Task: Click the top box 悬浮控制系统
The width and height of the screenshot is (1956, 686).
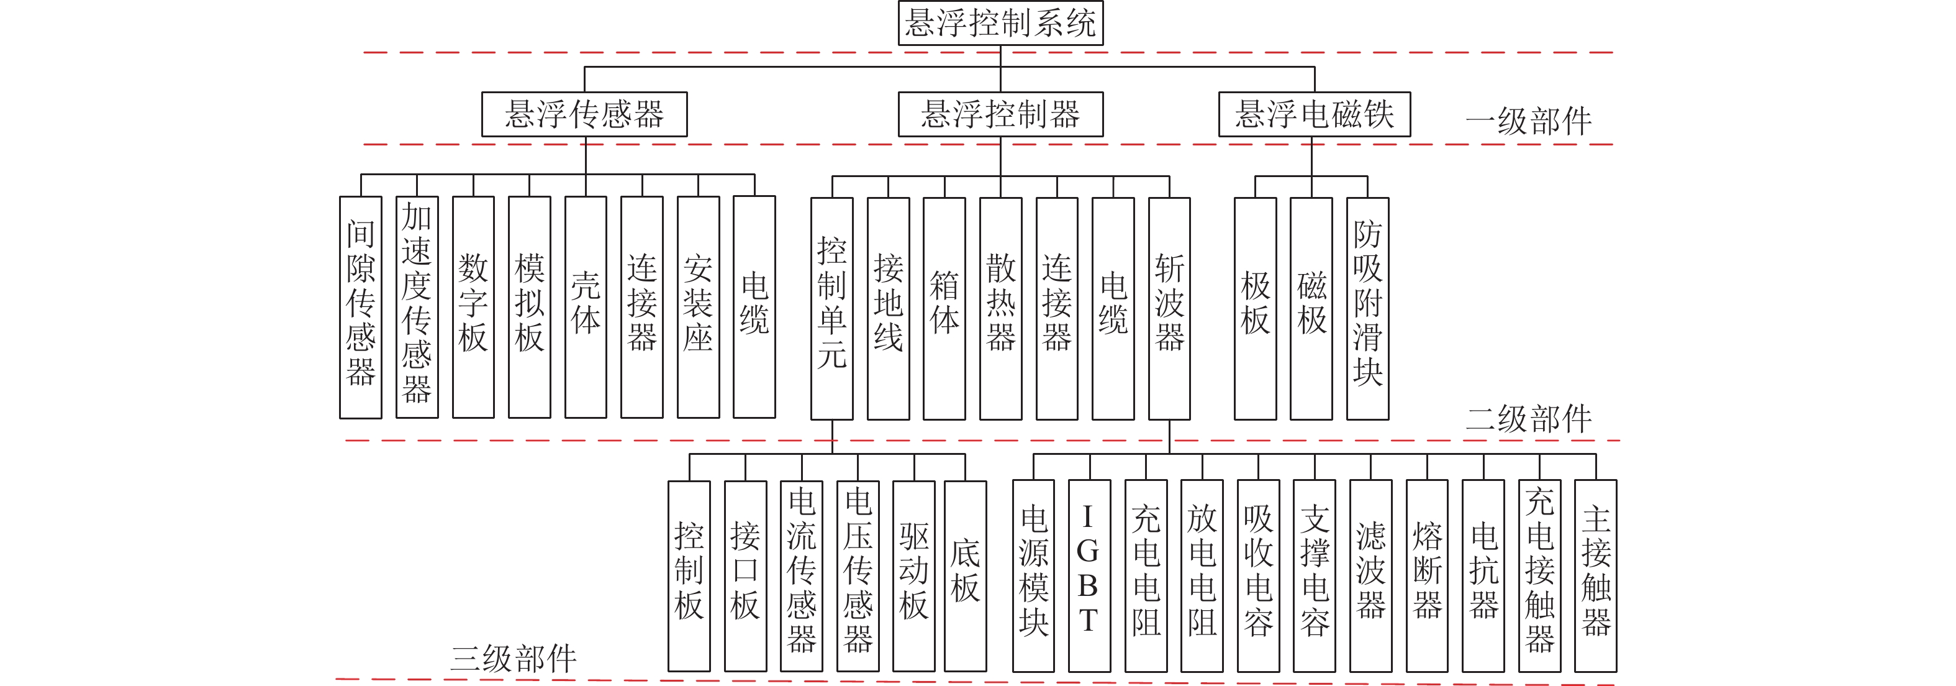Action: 1000,24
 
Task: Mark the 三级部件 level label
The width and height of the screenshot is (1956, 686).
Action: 514,658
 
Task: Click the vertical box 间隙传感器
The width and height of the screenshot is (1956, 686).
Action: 361,307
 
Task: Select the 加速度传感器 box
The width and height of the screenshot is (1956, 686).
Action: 417,307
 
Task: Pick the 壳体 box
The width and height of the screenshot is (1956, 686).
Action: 586,307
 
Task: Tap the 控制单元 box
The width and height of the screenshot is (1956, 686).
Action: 831,308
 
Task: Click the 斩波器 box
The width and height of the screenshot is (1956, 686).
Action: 1169,308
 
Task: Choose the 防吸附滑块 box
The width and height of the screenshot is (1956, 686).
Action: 1367,308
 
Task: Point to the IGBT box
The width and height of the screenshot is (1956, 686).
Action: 1089,576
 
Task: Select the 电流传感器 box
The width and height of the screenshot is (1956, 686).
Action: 801,576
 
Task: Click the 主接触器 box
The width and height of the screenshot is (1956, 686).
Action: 1595,576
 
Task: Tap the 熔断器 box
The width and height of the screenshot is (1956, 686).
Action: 1427,576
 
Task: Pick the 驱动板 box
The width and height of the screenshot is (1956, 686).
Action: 913,576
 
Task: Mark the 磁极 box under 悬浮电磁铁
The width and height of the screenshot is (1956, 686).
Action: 1311,308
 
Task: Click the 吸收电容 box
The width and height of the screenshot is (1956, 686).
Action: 1258,576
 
